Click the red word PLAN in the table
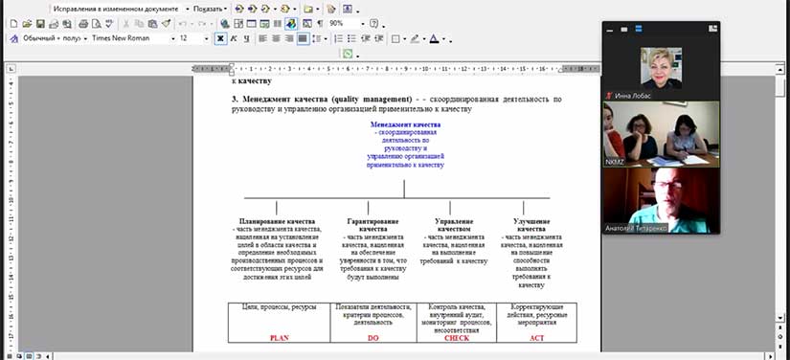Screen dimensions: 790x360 click(279, 338)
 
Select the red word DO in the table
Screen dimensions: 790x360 click(373, 338)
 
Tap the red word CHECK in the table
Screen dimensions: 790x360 click(456, 338)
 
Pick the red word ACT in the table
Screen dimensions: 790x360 click(536, 338)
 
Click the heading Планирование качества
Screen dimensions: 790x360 click(277, 221)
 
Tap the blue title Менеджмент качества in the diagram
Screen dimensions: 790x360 click(405, 125)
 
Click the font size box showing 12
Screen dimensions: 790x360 click(191, 38)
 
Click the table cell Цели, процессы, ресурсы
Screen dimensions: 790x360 click(279, 307)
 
